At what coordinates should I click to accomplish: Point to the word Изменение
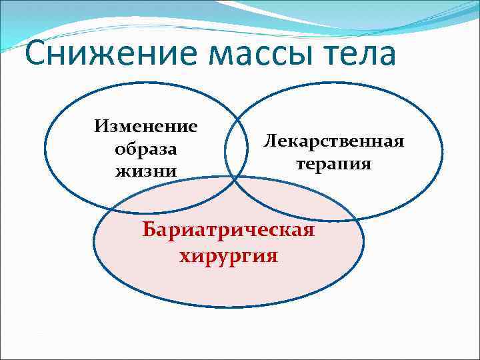146,126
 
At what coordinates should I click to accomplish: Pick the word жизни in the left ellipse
146,171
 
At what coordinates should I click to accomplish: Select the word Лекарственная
334,141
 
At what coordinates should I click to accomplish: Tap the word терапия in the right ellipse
334,163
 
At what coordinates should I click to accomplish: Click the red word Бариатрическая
228,231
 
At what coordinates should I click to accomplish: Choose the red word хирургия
228,255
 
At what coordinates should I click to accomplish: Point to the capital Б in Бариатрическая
149,231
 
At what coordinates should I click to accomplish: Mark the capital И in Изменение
101,126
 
